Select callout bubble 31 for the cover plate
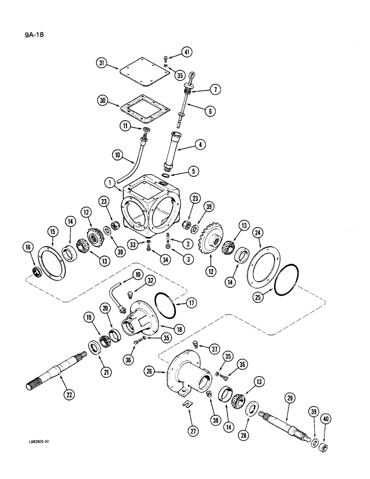(x=101, y=64)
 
